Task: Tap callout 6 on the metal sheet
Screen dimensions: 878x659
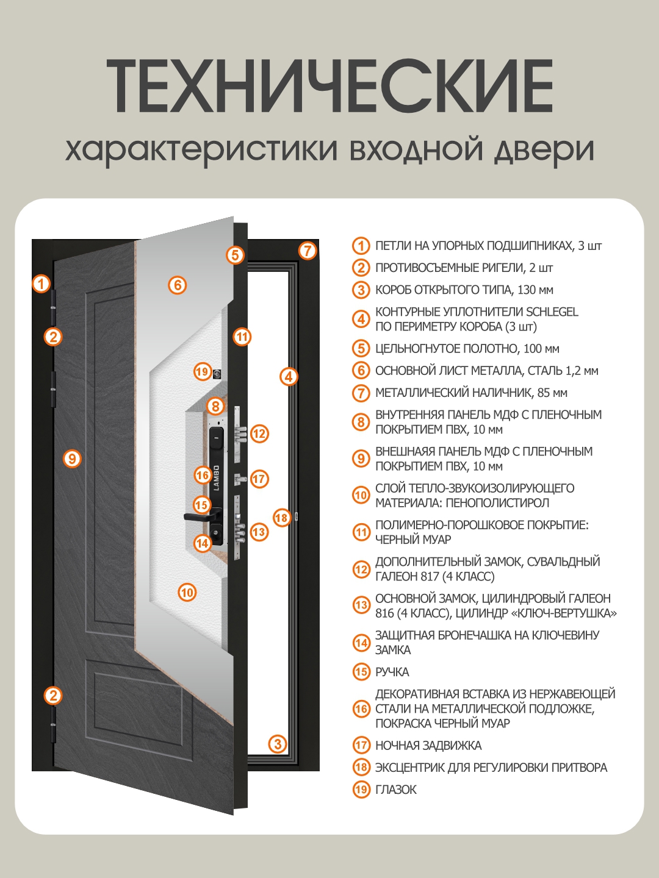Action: pos(177,285)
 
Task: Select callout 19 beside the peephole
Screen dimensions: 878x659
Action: pos(202,371)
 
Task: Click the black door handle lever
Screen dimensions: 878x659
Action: pos(198,517)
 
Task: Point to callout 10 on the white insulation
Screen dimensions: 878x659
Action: pos(187,592)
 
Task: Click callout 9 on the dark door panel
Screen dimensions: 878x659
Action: pos(72,459)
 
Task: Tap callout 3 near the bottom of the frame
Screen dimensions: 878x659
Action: pos(278,744)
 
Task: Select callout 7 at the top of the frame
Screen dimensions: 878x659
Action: pos(308,250)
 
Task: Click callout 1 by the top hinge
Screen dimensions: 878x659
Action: pos(41,284)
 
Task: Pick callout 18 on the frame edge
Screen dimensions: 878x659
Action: pos(281,518)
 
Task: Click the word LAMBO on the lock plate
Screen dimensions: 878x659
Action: pos(216,477)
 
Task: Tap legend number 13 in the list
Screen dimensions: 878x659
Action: pos(361,605)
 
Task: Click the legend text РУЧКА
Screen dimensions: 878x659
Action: pos(392,672)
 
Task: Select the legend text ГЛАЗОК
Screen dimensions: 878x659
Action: pos(395,790)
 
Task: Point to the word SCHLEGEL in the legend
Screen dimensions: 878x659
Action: pos(552,312)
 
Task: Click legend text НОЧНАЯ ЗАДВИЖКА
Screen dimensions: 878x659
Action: pos(428,745)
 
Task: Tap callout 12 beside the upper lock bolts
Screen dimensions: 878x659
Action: pos(259,434)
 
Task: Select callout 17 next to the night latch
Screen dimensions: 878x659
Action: pos(259,479)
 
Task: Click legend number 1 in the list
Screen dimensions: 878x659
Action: pos(361,246)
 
